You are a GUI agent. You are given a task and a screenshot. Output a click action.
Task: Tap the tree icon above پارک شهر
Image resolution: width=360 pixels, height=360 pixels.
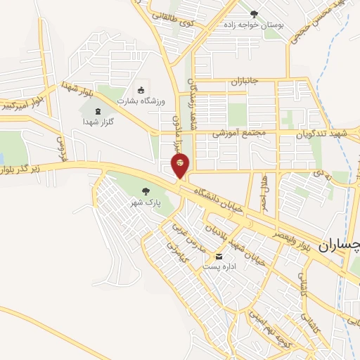[146, 191]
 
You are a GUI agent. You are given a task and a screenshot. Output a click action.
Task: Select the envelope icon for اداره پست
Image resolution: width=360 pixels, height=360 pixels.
[221, 257]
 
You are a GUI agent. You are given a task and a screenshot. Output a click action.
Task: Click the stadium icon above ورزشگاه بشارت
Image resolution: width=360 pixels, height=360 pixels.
[141, 89]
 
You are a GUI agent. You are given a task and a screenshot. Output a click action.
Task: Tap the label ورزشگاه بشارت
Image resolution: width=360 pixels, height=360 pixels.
[143, 101]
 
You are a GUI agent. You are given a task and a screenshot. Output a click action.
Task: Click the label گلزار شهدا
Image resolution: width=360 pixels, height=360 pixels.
[98, 122]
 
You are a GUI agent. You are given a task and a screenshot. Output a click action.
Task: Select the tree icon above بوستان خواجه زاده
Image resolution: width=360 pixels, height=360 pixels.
[254, 13]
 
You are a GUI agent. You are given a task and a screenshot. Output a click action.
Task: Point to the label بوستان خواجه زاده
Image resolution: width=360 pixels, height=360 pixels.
[254, 25]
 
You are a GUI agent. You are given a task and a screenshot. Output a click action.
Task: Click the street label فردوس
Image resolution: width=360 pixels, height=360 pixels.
[60, 147]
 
